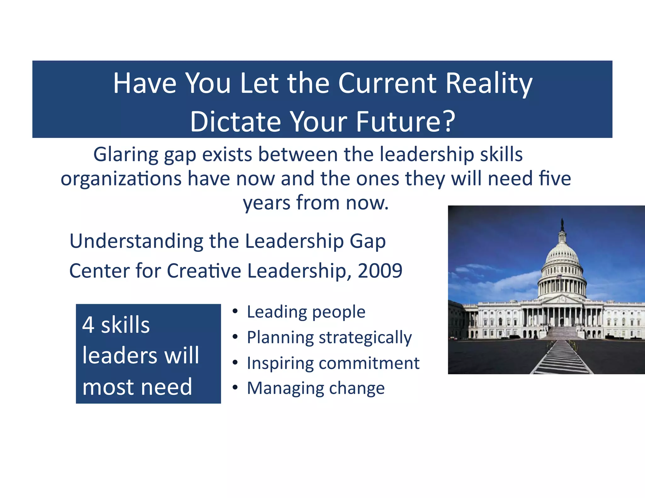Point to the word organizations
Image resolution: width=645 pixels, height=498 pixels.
click(x=121, y=179)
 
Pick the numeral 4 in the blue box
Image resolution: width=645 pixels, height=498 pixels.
click(x=88, y=325)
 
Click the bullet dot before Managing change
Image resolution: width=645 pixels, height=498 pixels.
click(x=235, y=388)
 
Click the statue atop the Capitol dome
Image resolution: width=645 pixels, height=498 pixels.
click(x=562, y=224)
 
